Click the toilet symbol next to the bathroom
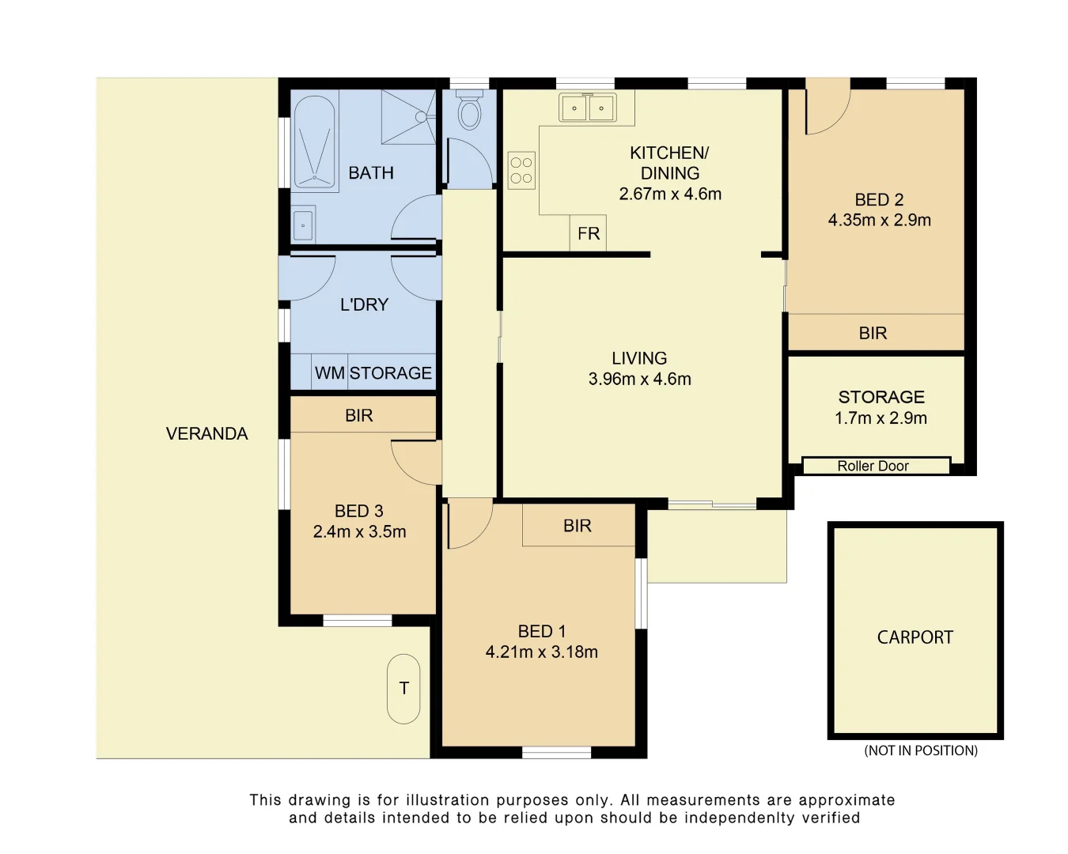coord(470,111)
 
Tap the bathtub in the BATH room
coord(314,142)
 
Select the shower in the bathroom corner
coord(408,117)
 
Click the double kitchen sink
coord(587,108)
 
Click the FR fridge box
coord(589,234)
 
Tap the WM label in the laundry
coord(329,373)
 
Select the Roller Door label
coord(873,467)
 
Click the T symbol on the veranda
coord(403,689)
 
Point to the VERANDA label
coord(207,434)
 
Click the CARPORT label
coord(915,637)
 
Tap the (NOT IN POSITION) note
coord(921,750)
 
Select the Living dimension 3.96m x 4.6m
coord(639,380)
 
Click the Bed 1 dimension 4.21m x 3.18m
coord(542,652)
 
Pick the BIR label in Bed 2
coord(873,334)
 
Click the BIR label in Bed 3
coord(358,416)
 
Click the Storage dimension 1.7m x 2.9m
coord(881,418)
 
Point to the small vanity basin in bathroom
coord(303,225)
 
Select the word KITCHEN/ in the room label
coord(669,153)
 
